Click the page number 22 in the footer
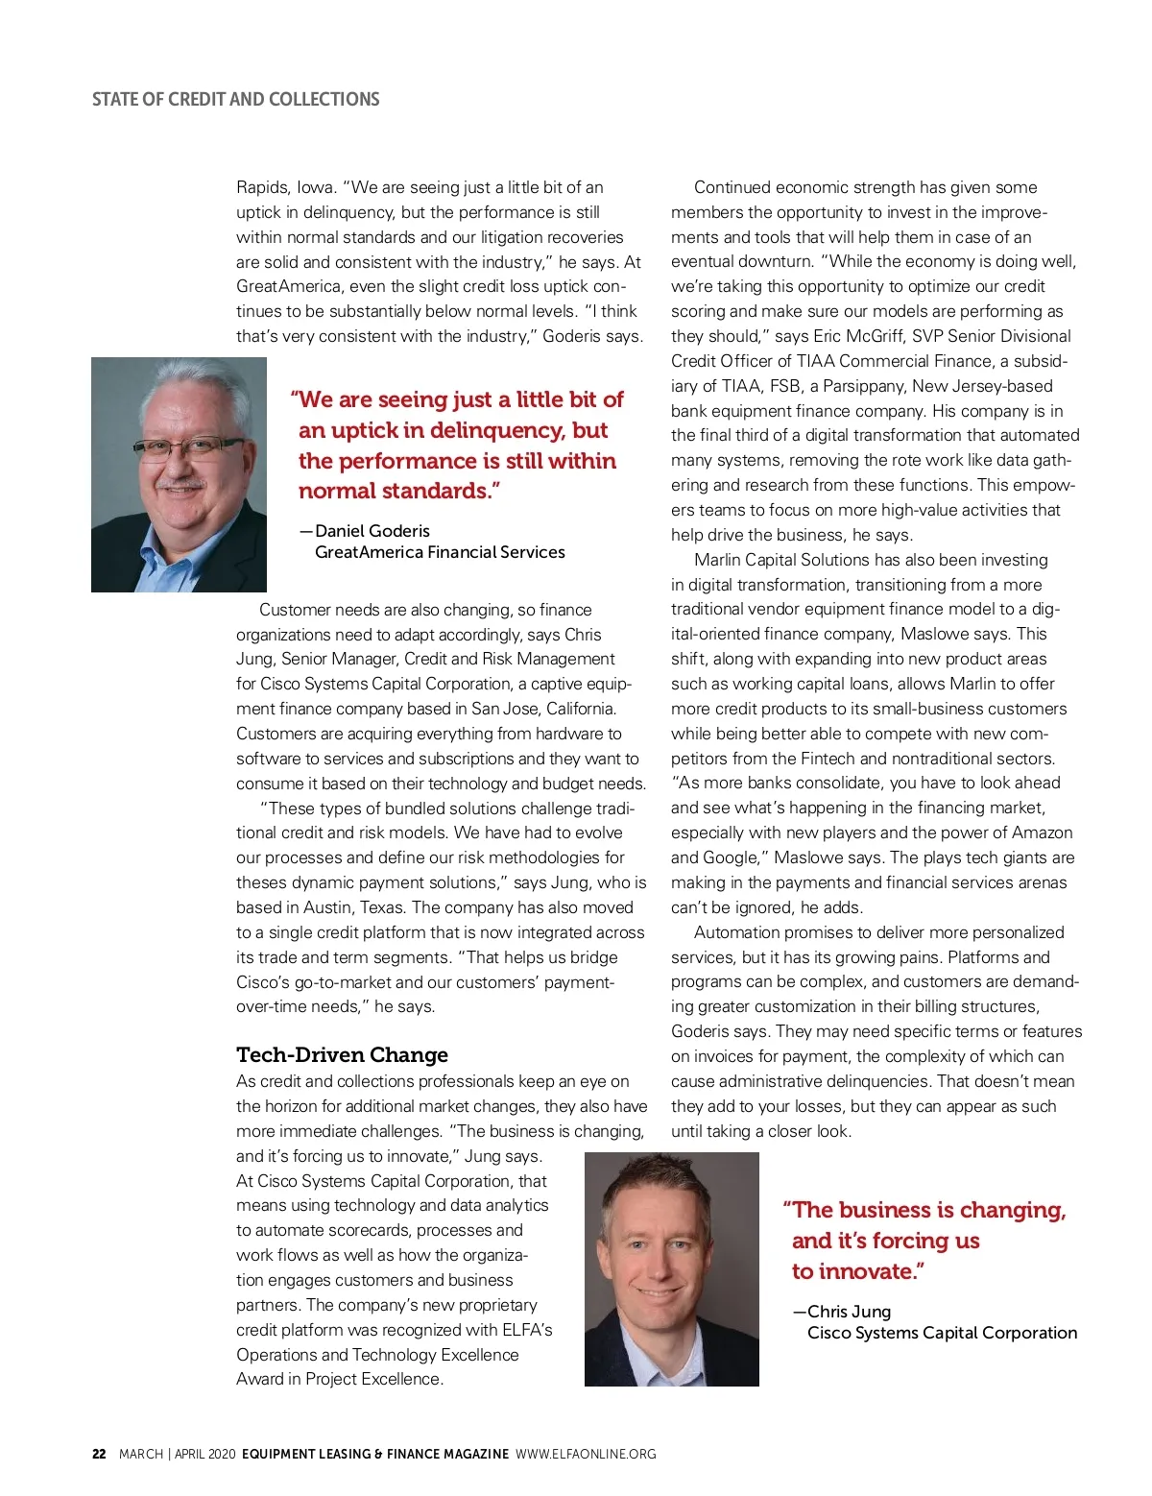[x=99, y=1454]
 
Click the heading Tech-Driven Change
[x=342, y=1054]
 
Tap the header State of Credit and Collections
[x=235, y=99]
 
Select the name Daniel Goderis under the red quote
[x=372, y=531]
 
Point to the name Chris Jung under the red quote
[x=849, y=1312]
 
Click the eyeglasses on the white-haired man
[x=188, y=446]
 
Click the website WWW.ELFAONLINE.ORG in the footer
[x=586, y=1454]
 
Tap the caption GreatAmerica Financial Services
[x=440, y=552]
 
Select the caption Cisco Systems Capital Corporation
[x=942, y=1333]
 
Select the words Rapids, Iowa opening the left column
[x=285, y=187]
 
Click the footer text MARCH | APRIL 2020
[x=178, y=1454]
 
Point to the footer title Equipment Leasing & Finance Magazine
[x=375, y=1454]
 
